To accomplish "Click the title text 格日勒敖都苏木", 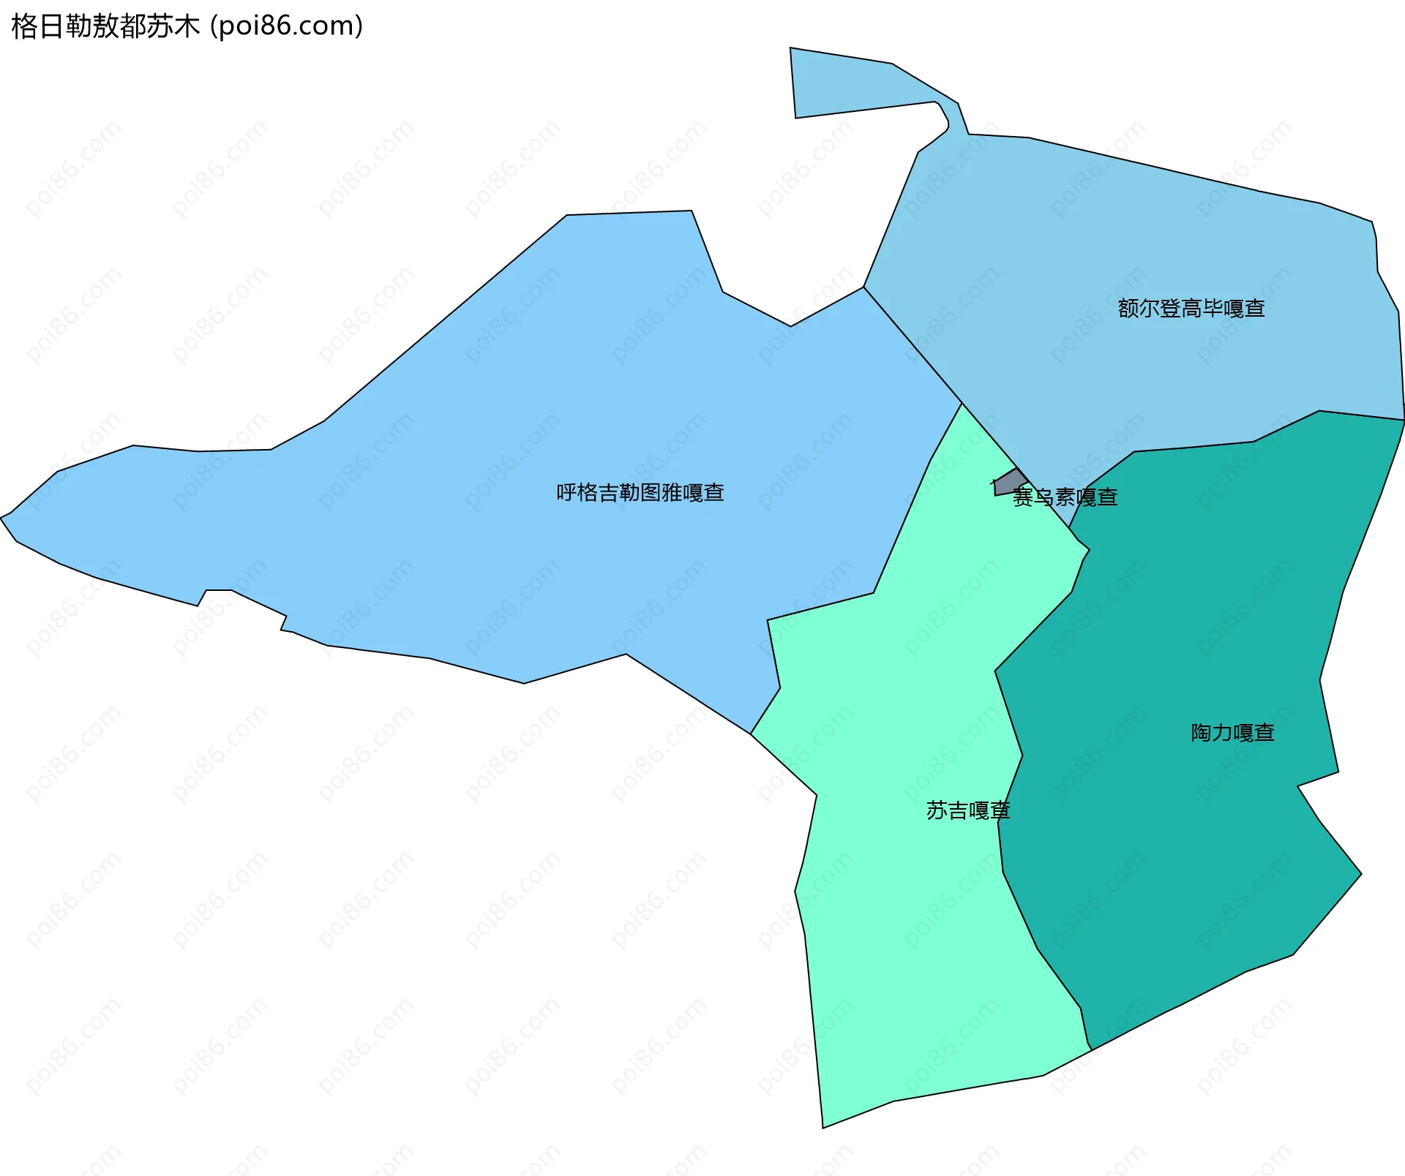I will pos(105,26).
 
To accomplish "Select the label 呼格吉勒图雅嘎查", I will pos(640,492).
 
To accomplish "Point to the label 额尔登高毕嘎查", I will pos(1191,309).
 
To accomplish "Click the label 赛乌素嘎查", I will pos(1065,497).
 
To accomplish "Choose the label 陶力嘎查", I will pos(1233,732).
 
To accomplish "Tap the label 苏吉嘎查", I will pos(967,810).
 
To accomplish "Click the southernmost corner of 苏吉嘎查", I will pos(823,1126).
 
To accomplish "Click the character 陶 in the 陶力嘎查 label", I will pos(1202,732).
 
